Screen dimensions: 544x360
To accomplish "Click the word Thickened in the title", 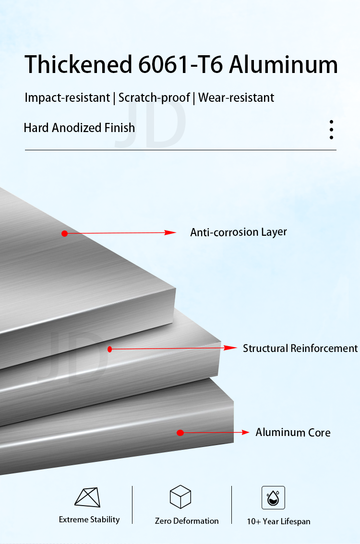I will point(78,64).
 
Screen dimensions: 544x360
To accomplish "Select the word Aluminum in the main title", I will point(283,65).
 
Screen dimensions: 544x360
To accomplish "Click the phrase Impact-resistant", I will point(68,98).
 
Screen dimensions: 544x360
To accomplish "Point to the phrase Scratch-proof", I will point(154,98).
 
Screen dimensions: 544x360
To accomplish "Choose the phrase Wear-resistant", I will point(236,98).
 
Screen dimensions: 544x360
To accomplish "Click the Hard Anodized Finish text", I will point(79,128).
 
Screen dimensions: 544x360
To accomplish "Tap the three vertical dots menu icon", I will point(331,130).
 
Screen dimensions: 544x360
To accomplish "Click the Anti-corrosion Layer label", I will point(239,232).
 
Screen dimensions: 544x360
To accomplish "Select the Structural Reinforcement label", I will point(300,348).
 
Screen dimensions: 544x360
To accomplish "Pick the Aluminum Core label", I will point(293,433).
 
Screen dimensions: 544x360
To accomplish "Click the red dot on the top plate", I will point(64,233).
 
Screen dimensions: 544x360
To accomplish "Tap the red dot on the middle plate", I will point(109,349).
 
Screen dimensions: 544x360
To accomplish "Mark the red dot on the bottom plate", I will point(180,433).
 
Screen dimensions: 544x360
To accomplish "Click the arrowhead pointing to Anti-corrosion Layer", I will point(171,232).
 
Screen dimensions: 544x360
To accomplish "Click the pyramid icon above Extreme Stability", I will point(87,497).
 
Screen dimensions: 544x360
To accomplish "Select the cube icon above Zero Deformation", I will point(180,497).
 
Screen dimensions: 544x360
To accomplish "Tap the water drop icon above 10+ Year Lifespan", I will point(273,498).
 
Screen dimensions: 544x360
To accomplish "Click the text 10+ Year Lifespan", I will point(278,521).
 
